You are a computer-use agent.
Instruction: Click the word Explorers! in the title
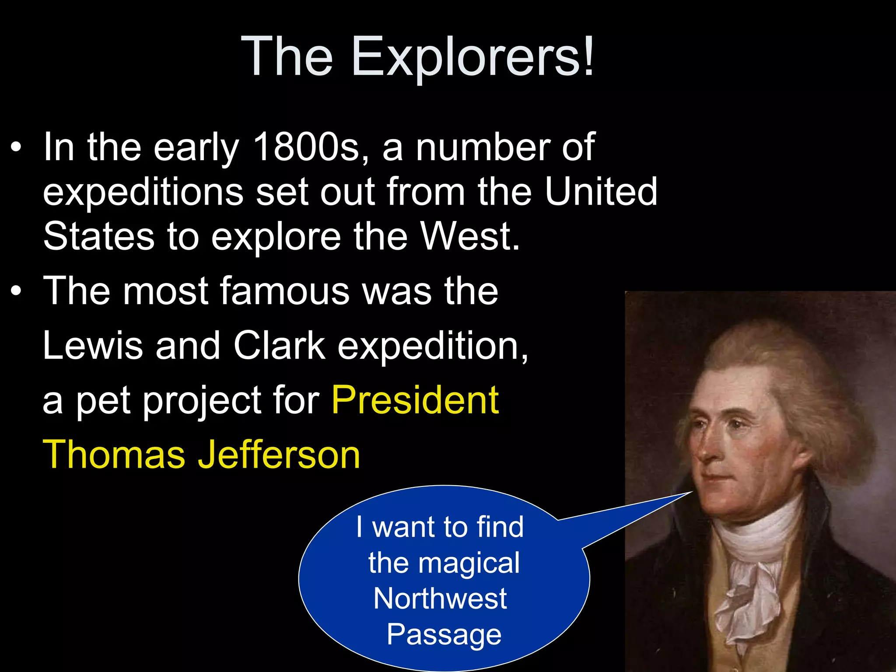click(473, 57)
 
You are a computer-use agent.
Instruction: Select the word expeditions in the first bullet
click(143, 192)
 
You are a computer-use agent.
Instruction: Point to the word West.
click(470, 237)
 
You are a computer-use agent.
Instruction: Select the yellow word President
click(415, 400)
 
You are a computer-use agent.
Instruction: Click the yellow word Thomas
click(114, 455)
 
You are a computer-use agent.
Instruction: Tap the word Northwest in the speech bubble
click(440, 598)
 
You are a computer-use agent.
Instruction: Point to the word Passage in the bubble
click(444, 635)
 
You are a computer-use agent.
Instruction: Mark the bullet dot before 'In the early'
click(16, 148)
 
